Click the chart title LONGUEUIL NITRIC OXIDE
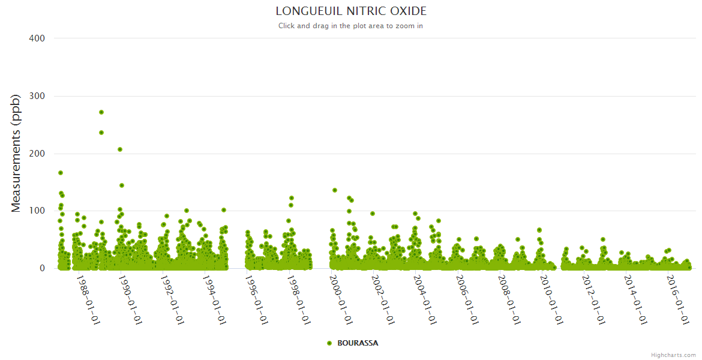tap(351, 11)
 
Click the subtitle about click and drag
tap(351, 26)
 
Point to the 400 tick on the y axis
tap(37, 38)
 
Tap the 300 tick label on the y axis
tap(37, 96)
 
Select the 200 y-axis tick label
tap(37, 154)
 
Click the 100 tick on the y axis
tap(37, 211)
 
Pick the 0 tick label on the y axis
tap(42, 268)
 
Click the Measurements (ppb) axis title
tap(16, 154)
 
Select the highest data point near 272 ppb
tap(101, 112)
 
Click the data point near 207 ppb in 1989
tap(120, 149)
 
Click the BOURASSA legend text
tap(358, 343)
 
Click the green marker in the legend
tap(329, 343)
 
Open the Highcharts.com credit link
tap(673, 355)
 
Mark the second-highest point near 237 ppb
tap(101, 133)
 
